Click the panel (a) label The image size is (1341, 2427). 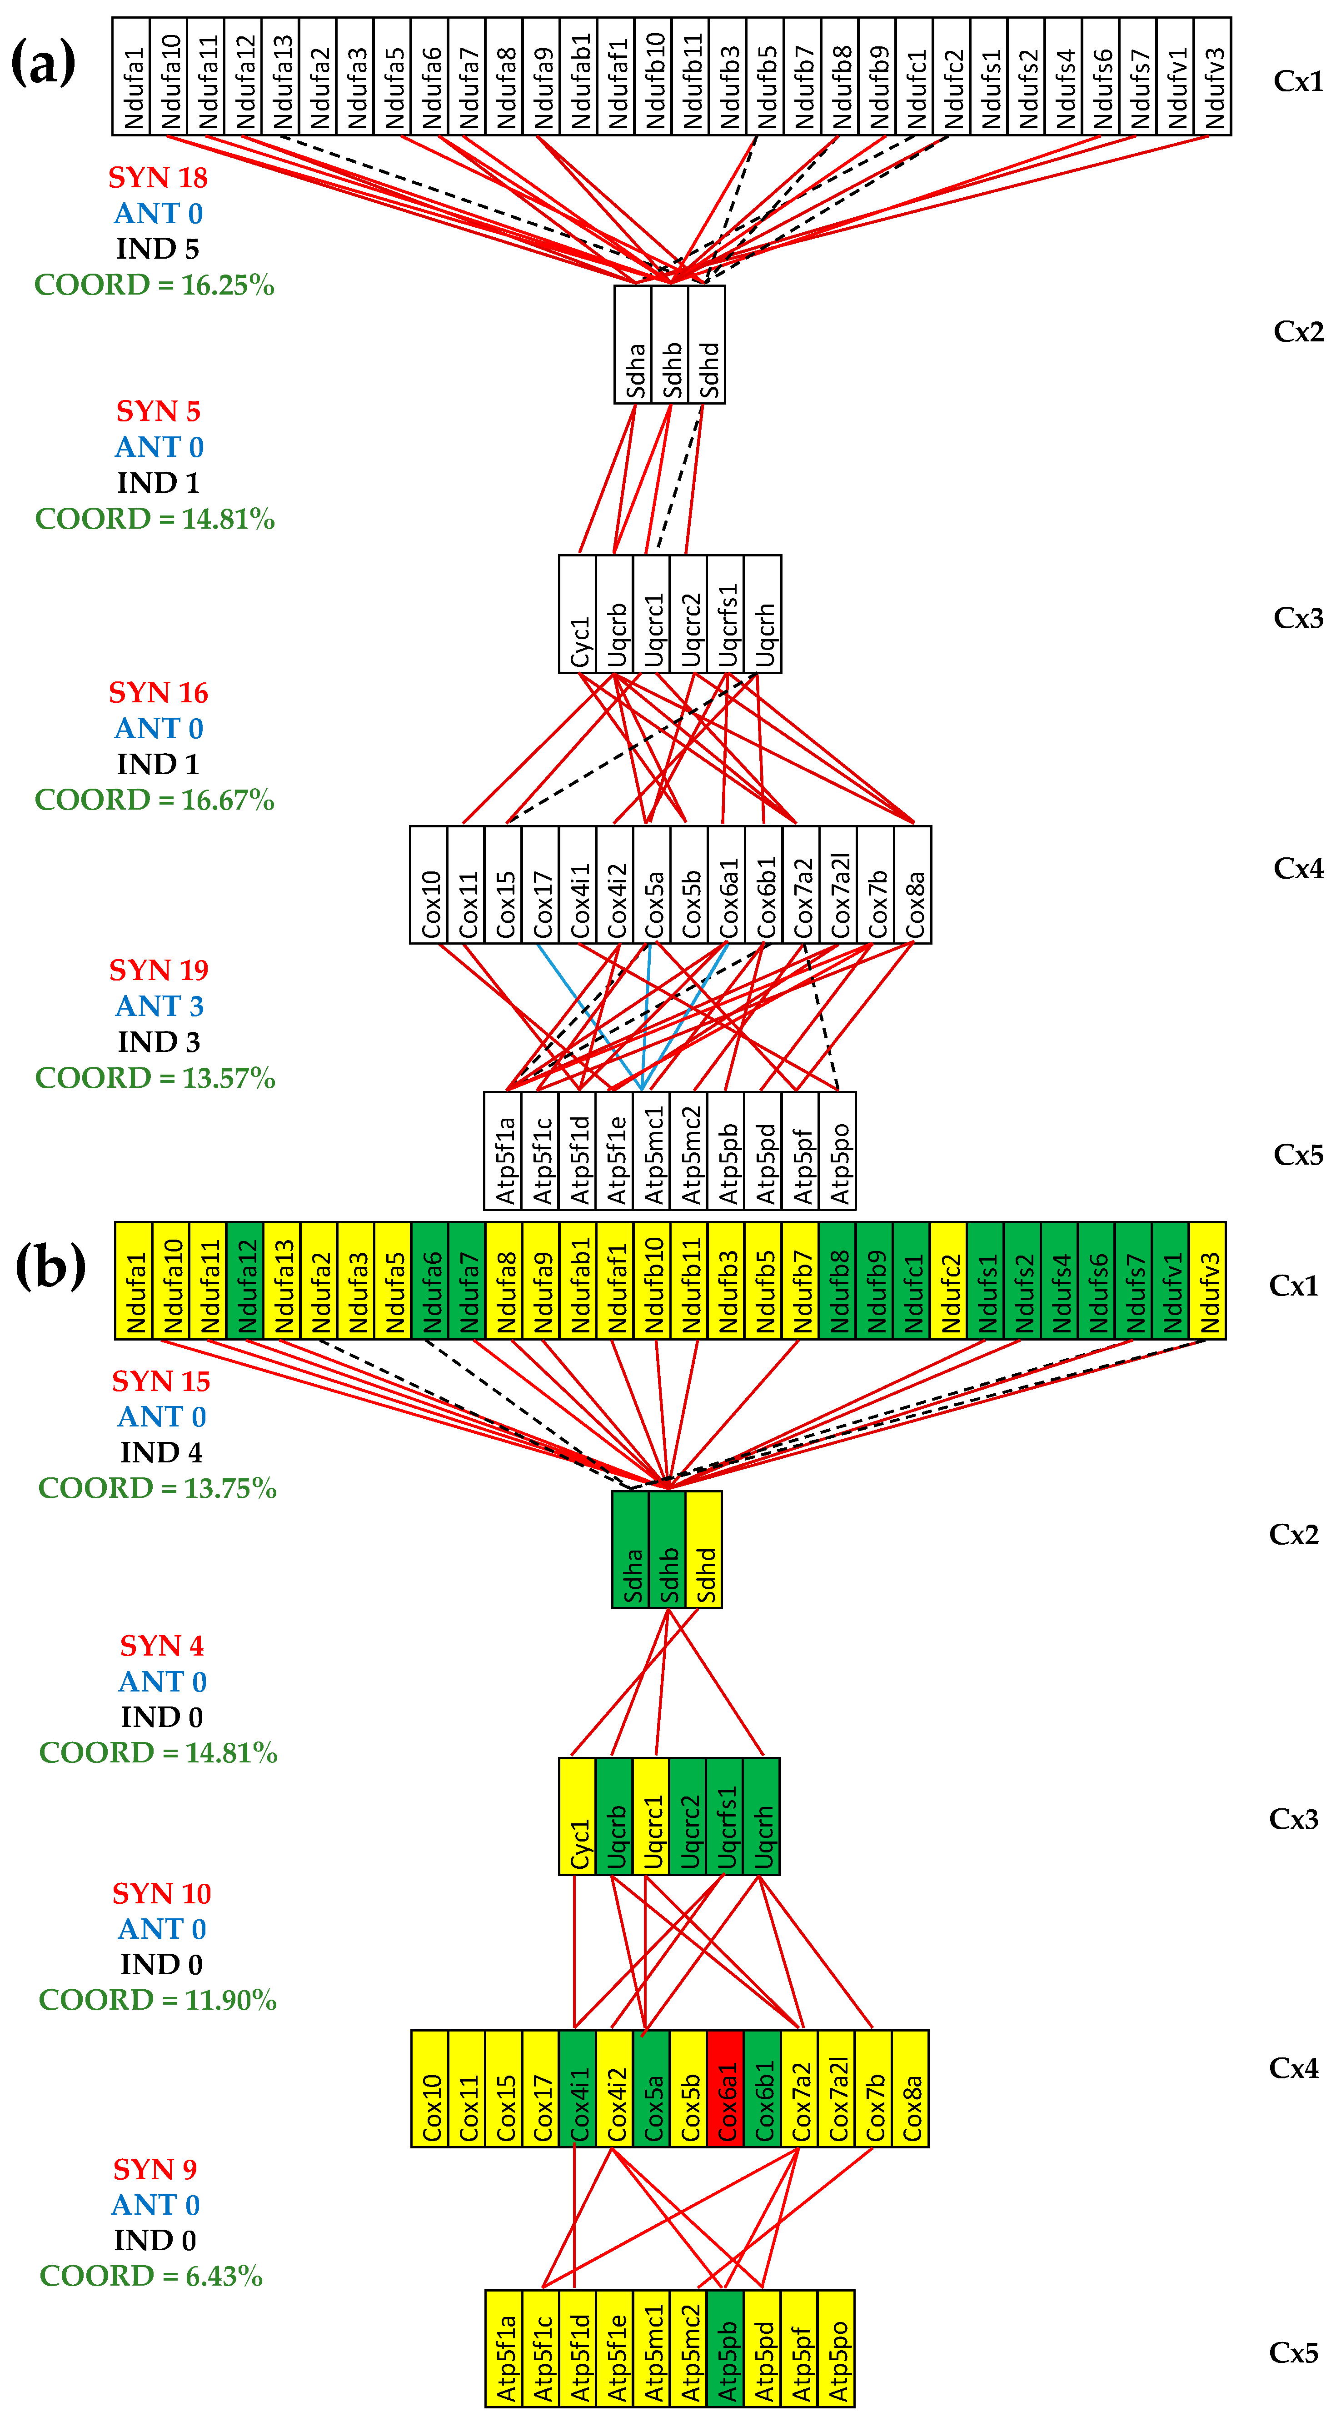click(x=43, y=64)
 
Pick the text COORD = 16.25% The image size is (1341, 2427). click(x=155, y=285)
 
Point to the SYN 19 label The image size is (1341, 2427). click(x=158, y=970)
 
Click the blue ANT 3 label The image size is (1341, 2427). click(x=159, y=1005)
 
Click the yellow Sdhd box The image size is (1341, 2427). click(x=704, y=1549)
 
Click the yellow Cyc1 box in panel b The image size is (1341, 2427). click(x=577, y=1816)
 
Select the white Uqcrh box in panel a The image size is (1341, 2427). click(x=763, y=613)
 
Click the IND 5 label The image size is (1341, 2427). click(x=157, y=249)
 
